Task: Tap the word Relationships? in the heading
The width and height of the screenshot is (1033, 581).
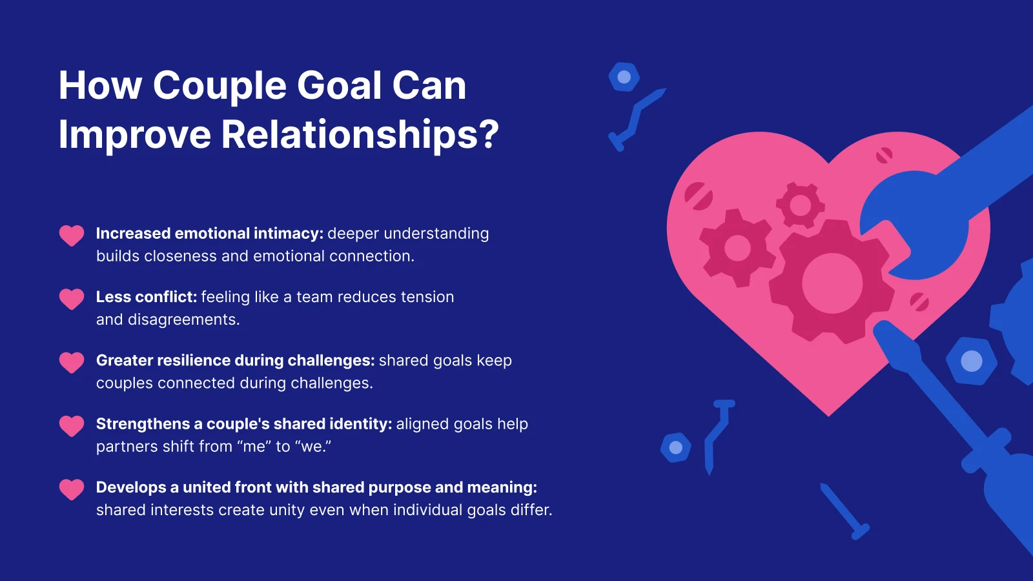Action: (x=360, y=135)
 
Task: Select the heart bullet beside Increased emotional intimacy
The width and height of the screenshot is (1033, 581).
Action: (x=72, y=236)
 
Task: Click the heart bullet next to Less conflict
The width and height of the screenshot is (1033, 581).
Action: (x=72, y=299)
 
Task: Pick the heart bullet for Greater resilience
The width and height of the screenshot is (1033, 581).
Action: (x=72, y=362)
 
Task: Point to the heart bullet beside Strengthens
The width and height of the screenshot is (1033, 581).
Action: (x=72, y=426)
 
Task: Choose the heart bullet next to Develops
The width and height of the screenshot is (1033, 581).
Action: (x=72, y=489)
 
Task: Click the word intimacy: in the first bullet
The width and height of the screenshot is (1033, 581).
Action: (x=288, y=234)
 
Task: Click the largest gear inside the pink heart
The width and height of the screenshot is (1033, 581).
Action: (x=832, y=281)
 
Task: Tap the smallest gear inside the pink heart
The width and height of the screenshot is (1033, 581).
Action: (x=801, y=205)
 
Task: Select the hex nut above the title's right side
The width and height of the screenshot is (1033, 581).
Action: (x=624, y=77)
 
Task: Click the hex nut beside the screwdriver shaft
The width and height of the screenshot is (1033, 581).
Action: (x=971, y=361)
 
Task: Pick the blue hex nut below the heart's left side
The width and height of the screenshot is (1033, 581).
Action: (x=675, y=447)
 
